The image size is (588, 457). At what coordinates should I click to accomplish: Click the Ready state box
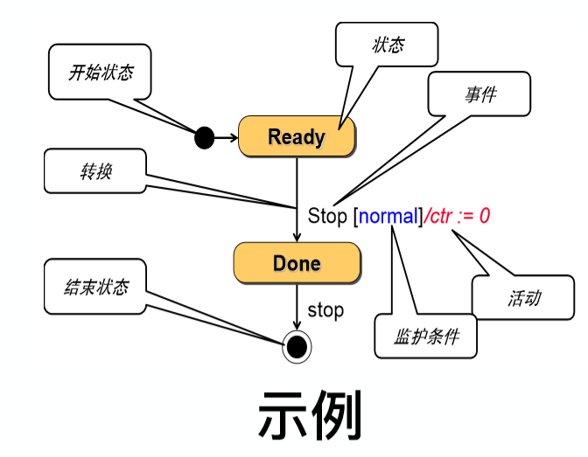point(297,136)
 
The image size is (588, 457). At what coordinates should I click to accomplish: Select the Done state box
point(297,263)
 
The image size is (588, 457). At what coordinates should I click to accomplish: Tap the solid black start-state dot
point(205,138)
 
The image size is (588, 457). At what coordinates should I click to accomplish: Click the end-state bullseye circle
point(297,347)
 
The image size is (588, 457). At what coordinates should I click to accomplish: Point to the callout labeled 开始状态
point(100,72)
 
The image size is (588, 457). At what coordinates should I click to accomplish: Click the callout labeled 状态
point(387,45)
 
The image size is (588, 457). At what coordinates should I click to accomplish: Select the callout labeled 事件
point(479,93)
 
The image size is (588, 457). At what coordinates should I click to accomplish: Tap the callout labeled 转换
point(95,170)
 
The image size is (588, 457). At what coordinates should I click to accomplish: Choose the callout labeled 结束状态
point(95,287)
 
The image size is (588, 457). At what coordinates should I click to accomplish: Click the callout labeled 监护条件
point(425,336)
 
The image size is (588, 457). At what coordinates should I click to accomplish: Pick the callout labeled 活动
point(523,297)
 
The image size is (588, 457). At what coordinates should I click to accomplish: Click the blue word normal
point(388,216)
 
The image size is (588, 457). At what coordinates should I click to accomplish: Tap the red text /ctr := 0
point(457,216)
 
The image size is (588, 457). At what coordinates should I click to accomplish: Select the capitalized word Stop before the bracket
point(327,216)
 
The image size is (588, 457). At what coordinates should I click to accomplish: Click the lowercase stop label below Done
point(325,310)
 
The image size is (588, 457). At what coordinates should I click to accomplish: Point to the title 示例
point(310,415)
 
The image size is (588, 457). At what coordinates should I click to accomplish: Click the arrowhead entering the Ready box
point(234,138)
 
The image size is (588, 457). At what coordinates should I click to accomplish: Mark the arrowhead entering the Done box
point(297,238)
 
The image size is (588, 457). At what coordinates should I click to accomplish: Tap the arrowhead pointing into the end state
point(297,326)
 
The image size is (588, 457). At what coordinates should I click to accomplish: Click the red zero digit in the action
point(485,216)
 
